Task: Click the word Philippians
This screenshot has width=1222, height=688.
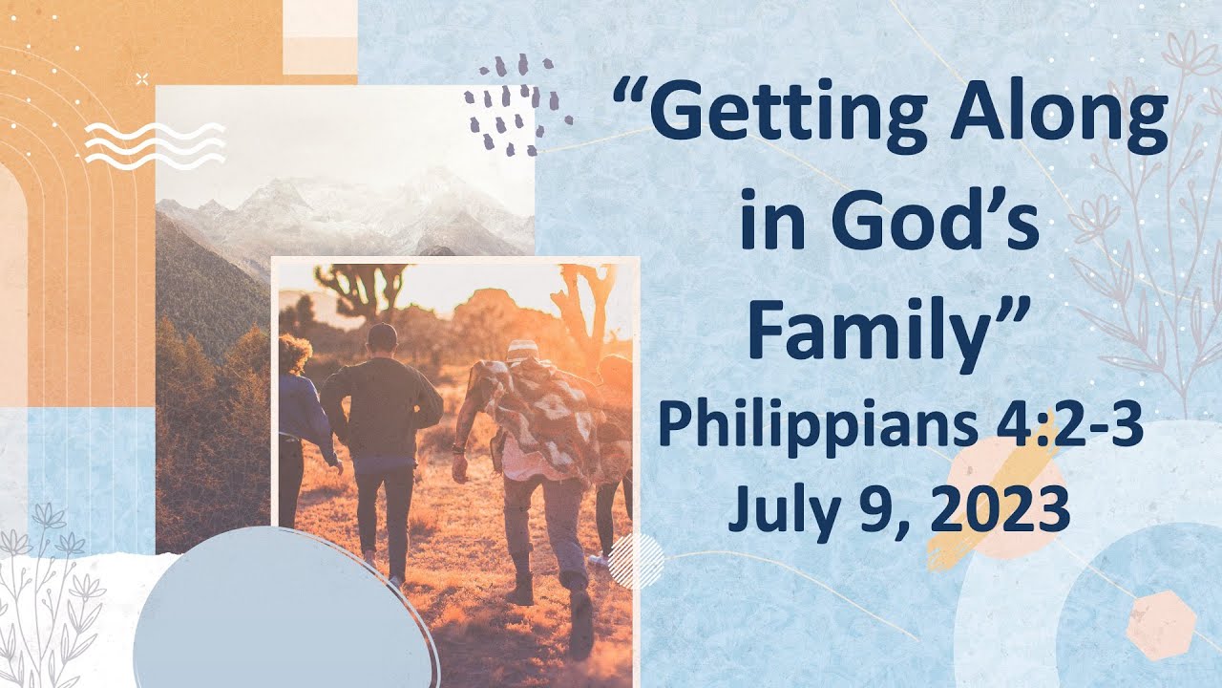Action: pyautogui.click(x=791, y=427)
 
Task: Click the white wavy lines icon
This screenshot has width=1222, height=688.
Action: pyautogui.click(x=155, y=145)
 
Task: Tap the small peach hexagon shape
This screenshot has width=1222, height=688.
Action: pyautogui.click(x=1160, y=625)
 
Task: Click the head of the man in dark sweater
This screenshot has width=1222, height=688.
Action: pyautogui.click(x=382, y=338)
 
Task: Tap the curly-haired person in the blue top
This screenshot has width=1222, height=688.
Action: pyautogui.click(x=301, y=401)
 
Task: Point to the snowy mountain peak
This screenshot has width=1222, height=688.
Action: pyautogui.click(x=430, y=186)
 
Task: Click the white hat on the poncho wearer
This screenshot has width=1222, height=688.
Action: pyautogui.click(x=522, y=350)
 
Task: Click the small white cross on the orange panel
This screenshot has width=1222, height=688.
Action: pyautogui.click(x=142, y=78)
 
